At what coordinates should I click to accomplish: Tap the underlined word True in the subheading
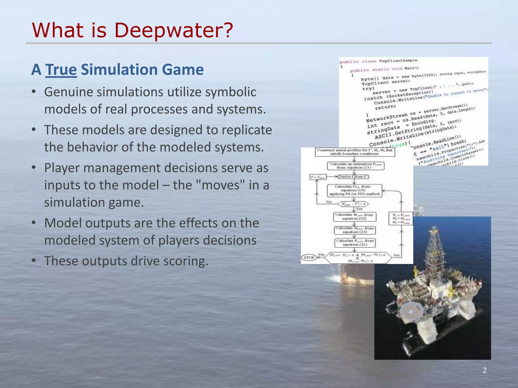click(61, 69)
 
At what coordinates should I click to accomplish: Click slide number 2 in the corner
click(484, 370)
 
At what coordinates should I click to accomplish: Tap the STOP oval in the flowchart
click(309, 257)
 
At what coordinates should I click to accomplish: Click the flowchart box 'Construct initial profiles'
click(355, 152)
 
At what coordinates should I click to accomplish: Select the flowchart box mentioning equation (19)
click(354, 190)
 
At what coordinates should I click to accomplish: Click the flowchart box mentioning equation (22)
click(354, 216)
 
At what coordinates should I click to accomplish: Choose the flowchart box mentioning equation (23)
click(355, 230)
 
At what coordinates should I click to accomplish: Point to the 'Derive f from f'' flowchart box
click(354, 177)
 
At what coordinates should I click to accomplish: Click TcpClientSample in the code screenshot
click(398, 61)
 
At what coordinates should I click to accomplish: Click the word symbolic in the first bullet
click(230, 92)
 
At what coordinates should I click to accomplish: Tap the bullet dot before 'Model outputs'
click(34, 223)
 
